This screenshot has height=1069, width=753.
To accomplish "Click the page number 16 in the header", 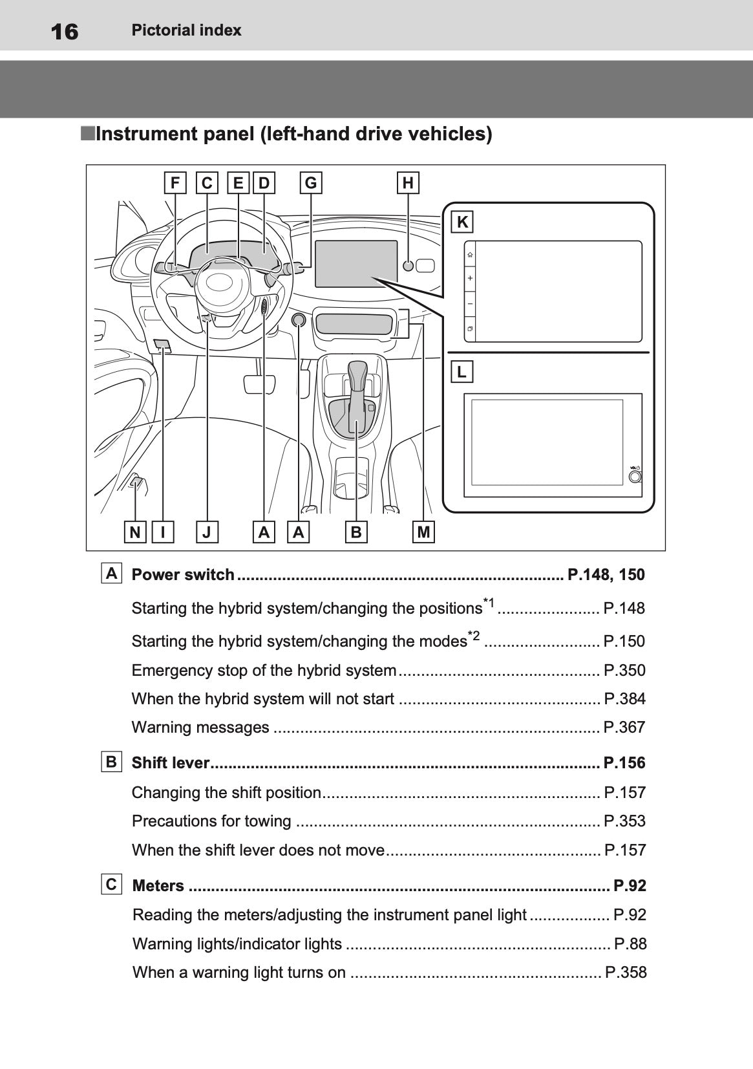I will (64, 31).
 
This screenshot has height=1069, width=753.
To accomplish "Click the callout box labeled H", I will (408, 183).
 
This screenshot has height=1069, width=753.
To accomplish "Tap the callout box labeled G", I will (311, 183).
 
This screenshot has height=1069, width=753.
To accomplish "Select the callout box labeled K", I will (462, 222).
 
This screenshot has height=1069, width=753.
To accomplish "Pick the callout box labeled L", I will (461, 372).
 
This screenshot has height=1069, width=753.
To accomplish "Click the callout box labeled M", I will (423, 532).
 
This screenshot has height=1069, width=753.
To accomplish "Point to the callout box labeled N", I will (134, 532).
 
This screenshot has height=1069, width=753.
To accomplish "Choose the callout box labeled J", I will (207, 532).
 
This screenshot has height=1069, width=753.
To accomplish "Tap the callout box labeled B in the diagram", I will (355, 532).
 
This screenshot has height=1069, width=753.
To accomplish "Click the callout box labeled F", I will (175, 183).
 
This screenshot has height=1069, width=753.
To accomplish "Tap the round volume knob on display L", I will (635, 477).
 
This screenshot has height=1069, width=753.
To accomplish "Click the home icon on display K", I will (470, 255).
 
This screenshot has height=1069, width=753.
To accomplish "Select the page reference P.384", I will (624, 699).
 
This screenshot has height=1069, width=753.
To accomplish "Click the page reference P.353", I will (624, 821).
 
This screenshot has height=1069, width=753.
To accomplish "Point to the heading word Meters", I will (158, 886).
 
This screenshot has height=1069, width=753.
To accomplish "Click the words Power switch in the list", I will (183, 575).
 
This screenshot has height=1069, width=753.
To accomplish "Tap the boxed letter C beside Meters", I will (112, 884).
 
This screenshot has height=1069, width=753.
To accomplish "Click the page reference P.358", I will (625, 973).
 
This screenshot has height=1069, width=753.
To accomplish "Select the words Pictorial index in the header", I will (186, 30).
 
